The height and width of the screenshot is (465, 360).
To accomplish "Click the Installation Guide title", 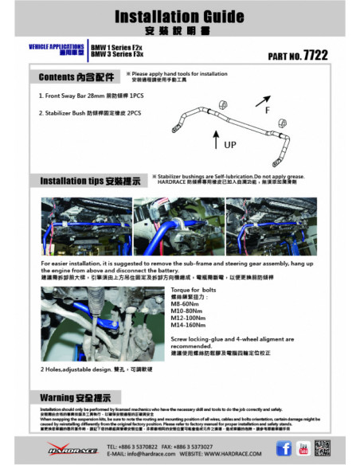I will tap(180, 17).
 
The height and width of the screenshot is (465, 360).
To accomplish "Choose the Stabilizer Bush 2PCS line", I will tap(93, 113).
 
